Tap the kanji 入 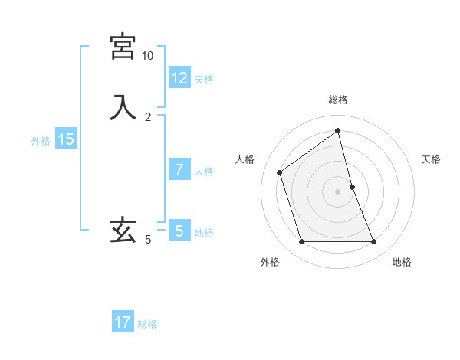[x=123, y=107]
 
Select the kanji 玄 [x=123, y=230]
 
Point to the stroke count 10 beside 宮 [x=147, y=56]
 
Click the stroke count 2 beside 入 [x=148, y=116]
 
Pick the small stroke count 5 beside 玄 [x=148, y=240]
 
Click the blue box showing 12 [x=179, y=77]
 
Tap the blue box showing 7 [x=179, y=169]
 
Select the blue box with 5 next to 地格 [x=179, y=231]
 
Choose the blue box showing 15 [x=66, y=139]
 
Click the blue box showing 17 [x=123, y=322]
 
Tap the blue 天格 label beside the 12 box [x=204, y=80]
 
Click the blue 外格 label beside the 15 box [x=41, y=141]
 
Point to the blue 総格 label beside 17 [x=147, y=325]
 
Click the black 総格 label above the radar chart [x=338, y=100]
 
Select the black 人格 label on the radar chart [x=245, y=159]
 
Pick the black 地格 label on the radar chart [x=402, y=263]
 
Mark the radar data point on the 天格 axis [x=352, y=187]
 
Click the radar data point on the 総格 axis [x=338, y=130]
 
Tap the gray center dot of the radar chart [x=338, y=191]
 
